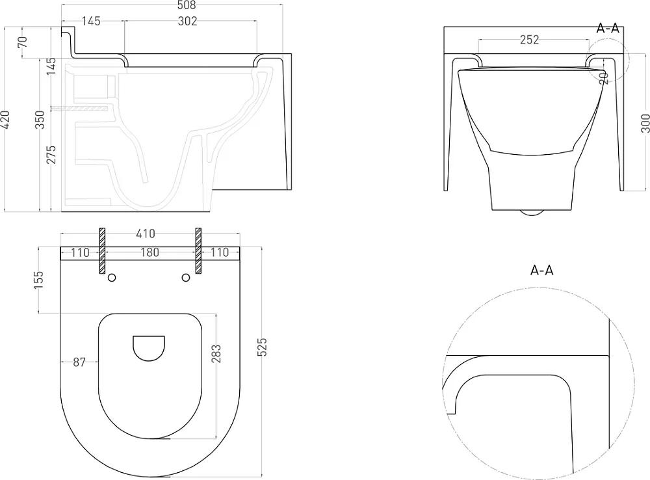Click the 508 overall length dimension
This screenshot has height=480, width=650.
tap(186, 5)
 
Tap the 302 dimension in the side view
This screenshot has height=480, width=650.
tap(187, 21)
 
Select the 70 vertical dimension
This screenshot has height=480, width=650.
tap(22, 42)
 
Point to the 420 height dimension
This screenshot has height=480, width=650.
tap(5, 120)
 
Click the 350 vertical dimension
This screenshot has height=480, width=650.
tap(40, 120)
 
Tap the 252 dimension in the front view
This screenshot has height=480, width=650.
tap(529, 40)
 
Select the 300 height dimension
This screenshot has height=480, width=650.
tap(645, 123)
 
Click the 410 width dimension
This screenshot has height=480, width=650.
tap(146, 234)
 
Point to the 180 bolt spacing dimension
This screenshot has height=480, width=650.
tap(149, 252)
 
